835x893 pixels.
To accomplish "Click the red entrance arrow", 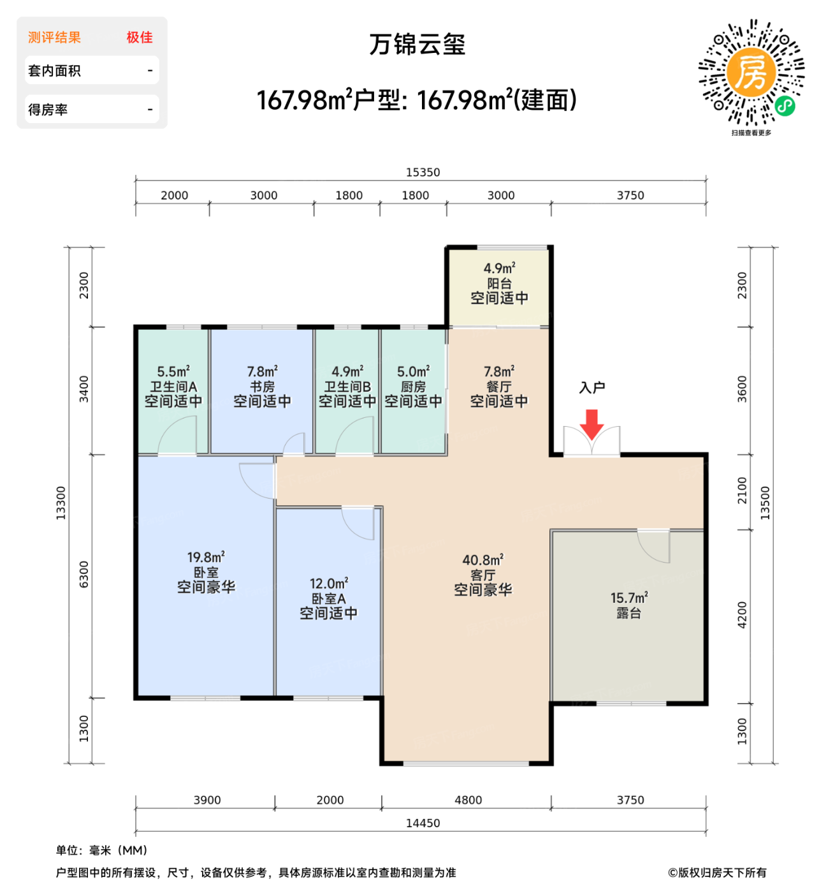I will click(x=592, y=424).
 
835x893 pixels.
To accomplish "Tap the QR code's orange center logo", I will click(x=751, y=71).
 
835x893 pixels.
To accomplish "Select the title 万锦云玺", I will click(x=417, y=45).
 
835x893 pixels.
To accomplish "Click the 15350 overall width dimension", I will click(x=423, y=172).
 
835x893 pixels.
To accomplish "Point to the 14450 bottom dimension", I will click(x=423, y=823).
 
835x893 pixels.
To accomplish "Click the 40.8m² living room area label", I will click(x=483, y=560).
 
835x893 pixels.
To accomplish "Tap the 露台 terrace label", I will click(x=628, y=614).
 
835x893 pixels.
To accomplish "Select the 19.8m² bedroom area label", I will click(x=205, y=557).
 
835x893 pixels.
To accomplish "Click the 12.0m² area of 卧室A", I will click(x=328, y=584).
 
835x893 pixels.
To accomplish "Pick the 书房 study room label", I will click(x=262, y=387).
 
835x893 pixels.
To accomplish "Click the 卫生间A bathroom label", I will click(x=173, y=387).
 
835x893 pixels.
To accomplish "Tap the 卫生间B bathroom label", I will click(x=347, y=387).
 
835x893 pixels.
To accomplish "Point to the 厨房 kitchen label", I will click(x=413, y=387).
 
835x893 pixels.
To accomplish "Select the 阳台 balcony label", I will click(x=499, y=283).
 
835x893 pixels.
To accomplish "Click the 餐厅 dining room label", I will click(x=499, y=387).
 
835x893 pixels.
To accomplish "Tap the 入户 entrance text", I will click(x=592, y=388).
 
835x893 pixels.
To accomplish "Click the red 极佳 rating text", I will click(x=140, y=38).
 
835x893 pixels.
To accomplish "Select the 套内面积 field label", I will click(x=54, y=71).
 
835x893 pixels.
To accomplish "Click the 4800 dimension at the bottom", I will click(x=468, y=800).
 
